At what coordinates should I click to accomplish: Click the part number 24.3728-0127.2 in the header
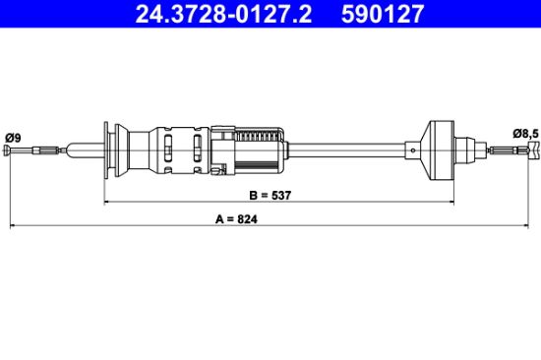223,14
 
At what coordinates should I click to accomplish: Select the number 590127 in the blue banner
383,14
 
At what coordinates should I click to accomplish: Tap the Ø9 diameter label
13,138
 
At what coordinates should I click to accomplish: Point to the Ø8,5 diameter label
525,133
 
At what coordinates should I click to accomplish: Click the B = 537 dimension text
270,196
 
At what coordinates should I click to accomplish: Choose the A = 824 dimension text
236,219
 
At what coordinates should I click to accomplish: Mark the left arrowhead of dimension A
13,226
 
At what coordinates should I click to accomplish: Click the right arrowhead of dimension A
526,226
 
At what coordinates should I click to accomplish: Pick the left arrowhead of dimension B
106,202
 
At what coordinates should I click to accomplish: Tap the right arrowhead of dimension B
451,202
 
